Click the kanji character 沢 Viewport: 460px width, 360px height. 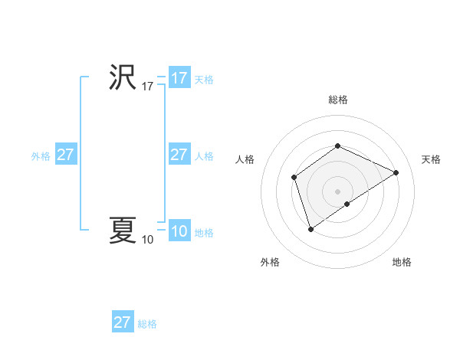[x=123, y=77]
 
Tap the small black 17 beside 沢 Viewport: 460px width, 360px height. [x=148, y=87]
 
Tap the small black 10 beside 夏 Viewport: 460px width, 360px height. [x=148, y=240]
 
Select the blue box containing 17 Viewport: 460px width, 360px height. [x=179, y=78]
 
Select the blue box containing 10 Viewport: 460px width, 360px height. [x=179, y=231]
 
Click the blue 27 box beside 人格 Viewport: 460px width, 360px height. [x=179, y=155]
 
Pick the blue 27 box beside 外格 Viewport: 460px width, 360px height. [x=65, y=155]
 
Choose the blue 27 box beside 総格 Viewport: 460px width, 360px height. [x=123, y=322]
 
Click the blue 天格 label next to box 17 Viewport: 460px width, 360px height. [x=204, y=80]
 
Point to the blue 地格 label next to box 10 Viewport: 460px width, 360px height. [x=204, y=233]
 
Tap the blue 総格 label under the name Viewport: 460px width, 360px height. [x=147, y=324]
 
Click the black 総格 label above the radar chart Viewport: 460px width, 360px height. [x=337, y=100]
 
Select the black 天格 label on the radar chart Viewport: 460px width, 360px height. [x=431, y=159]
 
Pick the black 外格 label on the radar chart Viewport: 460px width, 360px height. [x=269, y=262]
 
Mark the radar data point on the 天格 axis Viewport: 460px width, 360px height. [x=396, y=172]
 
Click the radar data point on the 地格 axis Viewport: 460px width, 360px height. [x=347, y=204]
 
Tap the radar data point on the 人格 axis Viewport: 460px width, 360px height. [x=294, y=178]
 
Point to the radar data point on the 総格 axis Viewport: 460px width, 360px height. [x=337, y=146]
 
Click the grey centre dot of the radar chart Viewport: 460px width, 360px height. [x=337, y=191]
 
